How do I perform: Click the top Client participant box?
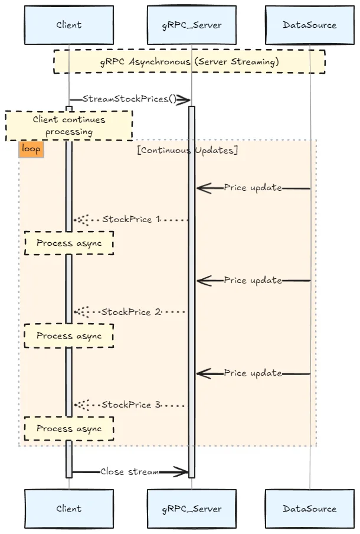[x=69, y=25]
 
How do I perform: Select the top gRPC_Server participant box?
[x=191, y=25]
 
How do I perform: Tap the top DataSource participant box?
[x=309, y=25]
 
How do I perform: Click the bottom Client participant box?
[x=69, y=509]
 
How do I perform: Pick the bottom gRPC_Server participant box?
[x=191, y=509]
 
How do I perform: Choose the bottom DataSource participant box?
[x=309, y=509]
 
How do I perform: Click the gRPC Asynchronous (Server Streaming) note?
[x=189, y=61]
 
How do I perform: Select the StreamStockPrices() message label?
[x=129, y=99]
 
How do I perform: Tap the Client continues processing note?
[x=69, y=125]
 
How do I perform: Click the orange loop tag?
[x=31, y=149]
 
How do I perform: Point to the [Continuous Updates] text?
[x=187, y=150]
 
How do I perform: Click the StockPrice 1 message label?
[x=131, y=220]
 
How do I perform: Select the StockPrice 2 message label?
[x=131, y=312]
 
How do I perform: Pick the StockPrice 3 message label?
[x=131, y=405]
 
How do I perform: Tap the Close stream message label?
[x=129, y=471]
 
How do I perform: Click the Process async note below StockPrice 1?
[x=69, y=243]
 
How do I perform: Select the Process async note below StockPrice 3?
[x=69, y=429]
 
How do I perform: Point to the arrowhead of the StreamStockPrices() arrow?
[x=183, y=99]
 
